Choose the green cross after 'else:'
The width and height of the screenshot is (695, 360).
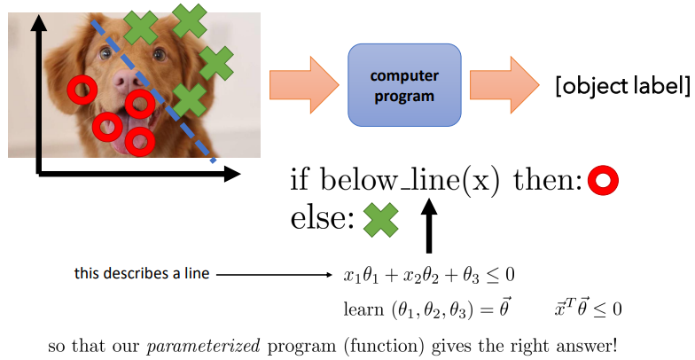[380, 219]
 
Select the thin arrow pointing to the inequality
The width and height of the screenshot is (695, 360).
[276, 275]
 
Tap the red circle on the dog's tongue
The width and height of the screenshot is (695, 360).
[109, 127]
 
